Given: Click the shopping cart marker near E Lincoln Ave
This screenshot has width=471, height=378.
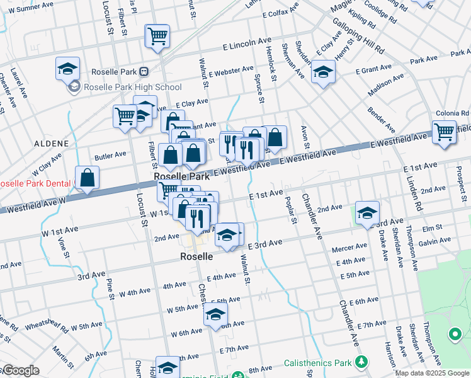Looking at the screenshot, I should pyautogui.click(x=157, y=35).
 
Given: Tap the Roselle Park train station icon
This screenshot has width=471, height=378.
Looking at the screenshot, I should pyautogui.click(x=144, y=71).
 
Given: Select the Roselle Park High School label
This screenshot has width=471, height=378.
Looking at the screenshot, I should pyautogui.click(x=133, y=87).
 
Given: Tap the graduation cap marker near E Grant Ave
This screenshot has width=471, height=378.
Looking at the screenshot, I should pyautogui.click(x=324, y=73).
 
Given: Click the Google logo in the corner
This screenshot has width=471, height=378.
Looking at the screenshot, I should pyautogui.click(x=20, y=370).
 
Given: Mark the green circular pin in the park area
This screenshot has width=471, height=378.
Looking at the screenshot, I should pyautogui.click(x=454, y=334).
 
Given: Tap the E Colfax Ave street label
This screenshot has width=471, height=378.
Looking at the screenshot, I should pyautogui.click(x=281, y=13).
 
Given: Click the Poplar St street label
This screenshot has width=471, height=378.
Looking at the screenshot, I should pyautogui.click(x=293, y=214).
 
